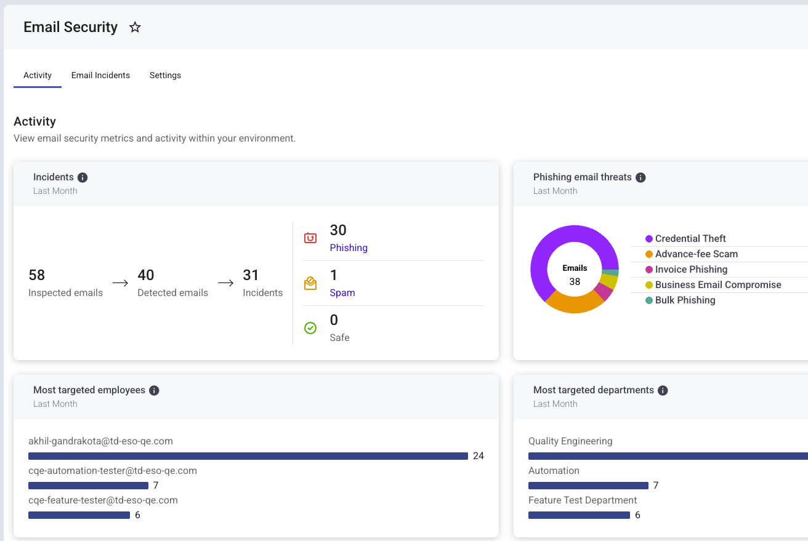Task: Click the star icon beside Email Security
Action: pyautogui.click(x=135, y=27)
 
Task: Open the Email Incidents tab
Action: pyautogui.click(x=100, y=75)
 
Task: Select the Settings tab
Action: pyautogui.click(x=165, y=75)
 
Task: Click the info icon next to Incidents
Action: pyautogui.click(x=83, y=177)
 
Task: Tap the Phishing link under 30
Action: pyautogui.click(x=349, y=247)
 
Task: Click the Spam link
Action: pyautogui.click(x=342, y=292)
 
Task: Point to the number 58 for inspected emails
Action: pyautogui.click(x=37, y=275)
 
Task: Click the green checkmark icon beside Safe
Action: pyautogui.click(x=310, y=328)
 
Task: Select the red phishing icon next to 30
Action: pyautogui.click(x=310, y=238)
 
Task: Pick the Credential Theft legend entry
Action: pyautogui.click(x=685, y=238)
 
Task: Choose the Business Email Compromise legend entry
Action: pyautogui.click(x=713, y=284)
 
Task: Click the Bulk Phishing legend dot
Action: pyautogui.click(x=649, y=300)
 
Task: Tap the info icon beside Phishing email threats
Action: pyautogui.click(x=640, y=177)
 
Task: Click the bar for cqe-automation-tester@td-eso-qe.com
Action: pyautogui.click(x=89, y=486)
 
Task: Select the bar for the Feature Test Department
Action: pyautogui.click(x=579, y=515)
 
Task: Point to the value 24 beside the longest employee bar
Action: pyautogui.click(x=479, y=455)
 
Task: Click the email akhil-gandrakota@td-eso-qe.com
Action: pyautogui.click(x=100, y=441)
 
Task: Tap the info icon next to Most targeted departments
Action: pyautogui.click(x=663, y=390)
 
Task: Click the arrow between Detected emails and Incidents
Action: pyautogui.click(x=226, y=283)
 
